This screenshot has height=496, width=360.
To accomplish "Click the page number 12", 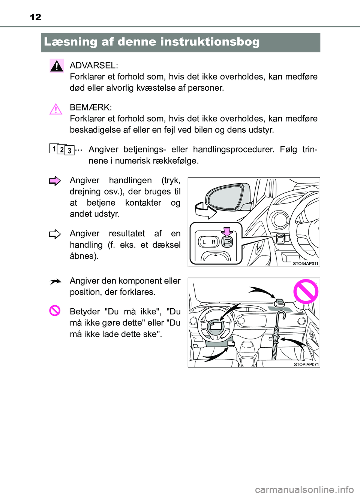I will point(36,17).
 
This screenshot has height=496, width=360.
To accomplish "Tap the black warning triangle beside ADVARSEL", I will point(57,66).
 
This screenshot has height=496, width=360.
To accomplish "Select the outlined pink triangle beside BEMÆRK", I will point(55,109).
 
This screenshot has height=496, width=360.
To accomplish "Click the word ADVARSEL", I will point(94,66).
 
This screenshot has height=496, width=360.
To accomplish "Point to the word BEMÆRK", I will point(90,108).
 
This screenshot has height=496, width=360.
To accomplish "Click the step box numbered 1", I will point(54,149).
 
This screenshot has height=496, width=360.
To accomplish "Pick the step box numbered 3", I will point(69,151).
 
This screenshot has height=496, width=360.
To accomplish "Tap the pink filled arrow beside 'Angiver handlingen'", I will point(55,181).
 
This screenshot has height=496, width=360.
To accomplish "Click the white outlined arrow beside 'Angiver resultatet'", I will point(55,235).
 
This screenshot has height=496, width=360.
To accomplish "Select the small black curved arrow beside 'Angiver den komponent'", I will point(55,282).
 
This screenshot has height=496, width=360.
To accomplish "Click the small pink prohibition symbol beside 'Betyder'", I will point(55,311).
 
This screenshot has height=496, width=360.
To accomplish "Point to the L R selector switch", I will point(208,242).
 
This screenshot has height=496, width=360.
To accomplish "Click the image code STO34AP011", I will point(305,264).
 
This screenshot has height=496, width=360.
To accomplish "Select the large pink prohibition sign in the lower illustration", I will point(306,291).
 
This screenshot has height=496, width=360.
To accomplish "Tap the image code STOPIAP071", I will point(306,365).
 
